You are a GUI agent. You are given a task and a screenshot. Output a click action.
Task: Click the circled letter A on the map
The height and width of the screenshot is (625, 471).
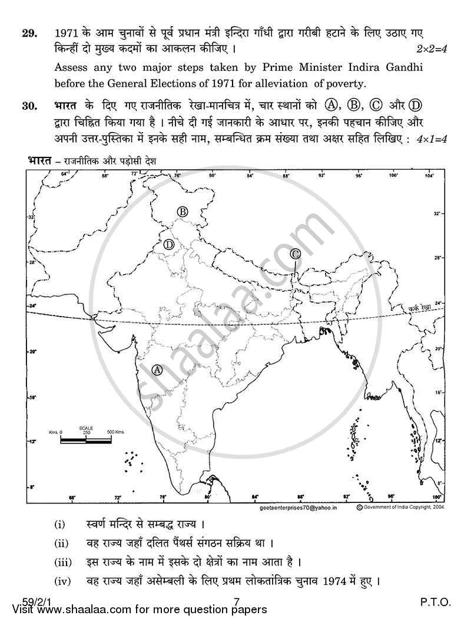(157, 370)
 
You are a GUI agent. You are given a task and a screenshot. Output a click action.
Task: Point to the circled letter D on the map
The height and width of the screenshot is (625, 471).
(170, 244)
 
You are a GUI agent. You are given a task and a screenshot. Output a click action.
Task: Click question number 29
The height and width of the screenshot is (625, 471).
(29, 33)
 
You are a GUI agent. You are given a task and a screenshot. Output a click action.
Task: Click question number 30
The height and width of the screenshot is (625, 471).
(29, 107)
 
